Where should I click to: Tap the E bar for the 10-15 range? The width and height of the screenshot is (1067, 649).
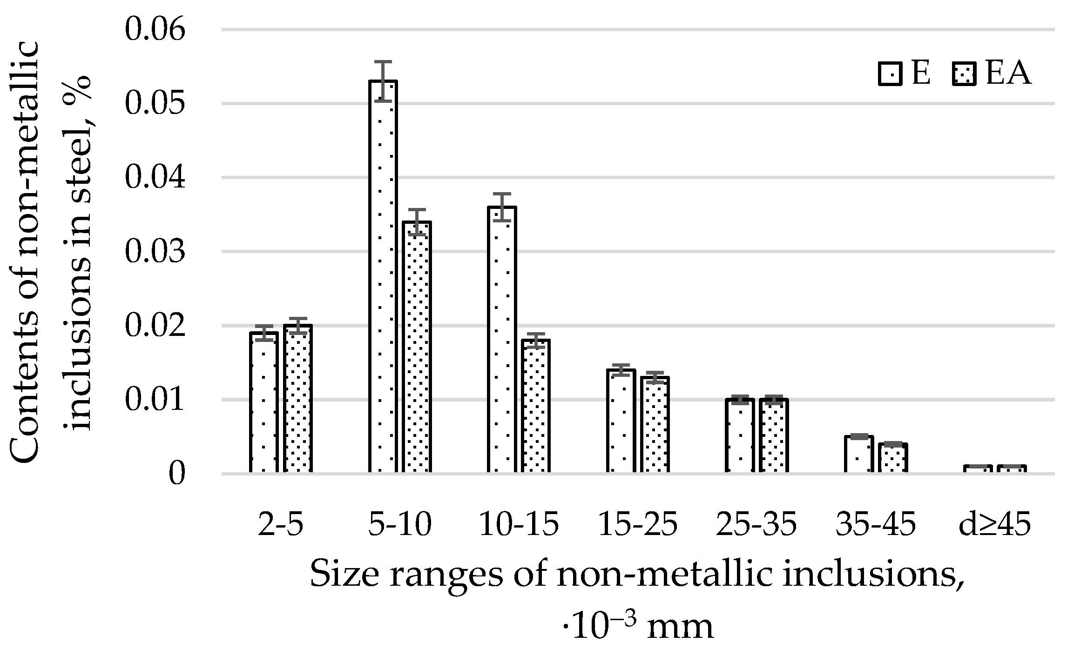point(502,340)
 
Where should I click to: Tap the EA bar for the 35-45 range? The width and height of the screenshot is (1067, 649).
point(893,458)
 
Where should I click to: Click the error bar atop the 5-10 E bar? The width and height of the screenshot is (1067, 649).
point(383,80)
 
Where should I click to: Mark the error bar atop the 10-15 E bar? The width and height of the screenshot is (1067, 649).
point(502,207)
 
